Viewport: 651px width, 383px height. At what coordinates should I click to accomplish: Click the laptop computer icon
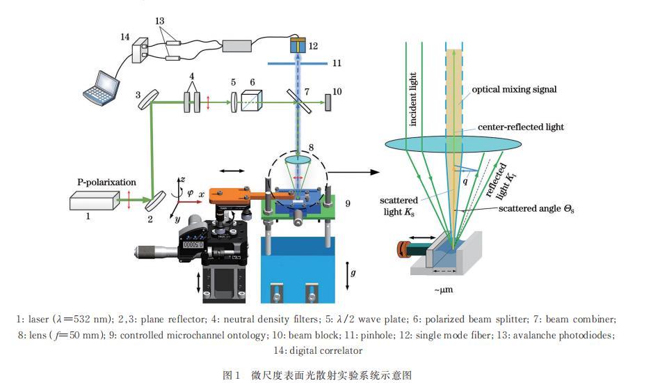coord(100,88)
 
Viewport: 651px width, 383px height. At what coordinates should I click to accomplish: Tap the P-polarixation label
coord(106,182)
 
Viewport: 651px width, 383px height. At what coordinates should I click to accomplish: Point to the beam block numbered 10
coord(328,102)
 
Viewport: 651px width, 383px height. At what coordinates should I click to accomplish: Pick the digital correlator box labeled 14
coord(140,50)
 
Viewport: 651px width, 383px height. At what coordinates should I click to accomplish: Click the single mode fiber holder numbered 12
coord(298,45)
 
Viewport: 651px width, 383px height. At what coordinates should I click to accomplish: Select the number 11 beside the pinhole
coord(337,63)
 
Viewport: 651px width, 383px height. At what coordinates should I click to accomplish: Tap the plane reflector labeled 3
coord(149,100)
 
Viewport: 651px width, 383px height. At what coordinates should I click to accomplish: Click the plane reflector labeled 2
coord(155,201)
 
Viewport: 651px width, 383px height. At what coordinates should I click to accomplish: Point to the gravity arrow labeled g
coord(348,276)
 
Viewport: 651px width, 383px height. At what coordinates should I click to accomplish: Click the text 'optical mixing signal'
coord(514,89)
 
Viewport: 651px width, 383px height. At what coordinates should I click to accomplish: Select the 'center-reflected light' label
coord(521,127)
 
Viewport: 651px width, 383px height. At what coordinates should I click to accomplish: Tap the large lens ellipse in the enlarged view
coord(453,144)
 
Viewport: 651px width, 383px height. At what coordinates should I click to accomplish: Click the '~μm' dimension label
coord(444,290)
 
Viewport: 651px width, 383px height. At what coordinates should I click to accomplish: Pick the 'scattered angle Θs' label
coord(536,208)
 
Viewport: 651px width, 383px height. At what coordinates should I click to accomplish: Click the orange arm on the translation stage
coord(233,196)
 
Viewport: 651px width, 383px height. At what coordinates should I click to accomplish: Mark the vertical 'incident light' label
coord(412,99)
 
